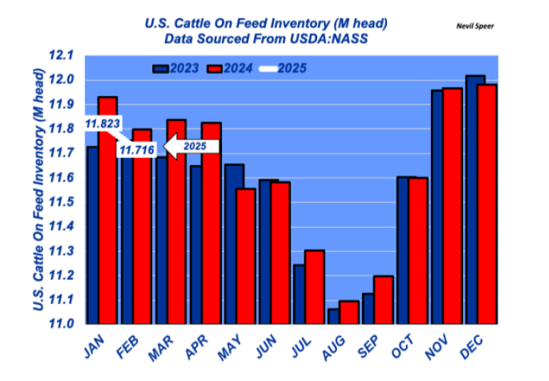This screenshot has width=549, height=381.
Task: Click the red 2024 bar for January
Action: [x=107, y=214]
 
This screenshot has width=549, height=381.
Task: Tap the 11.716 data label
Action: [x=137, y=149]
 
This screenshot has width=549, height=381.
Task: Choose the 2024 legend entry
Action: [x=232, y=68]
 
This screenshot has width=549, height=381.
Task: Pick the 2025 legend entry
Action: [x=284, y=68]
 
